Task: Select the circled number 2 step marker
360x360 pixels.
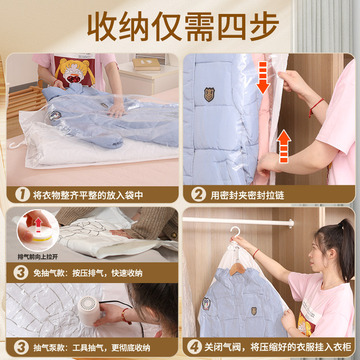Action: [198, 195]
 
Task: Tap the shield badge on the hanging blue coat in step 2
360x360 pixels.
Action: [209, 94]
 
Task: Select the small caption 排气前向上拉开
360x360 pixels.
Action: [37, 257]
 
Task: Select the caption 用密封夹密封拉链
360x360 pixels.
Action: [247, 195]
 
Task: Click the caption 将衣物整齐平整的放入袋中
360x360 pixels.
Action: [88, 195]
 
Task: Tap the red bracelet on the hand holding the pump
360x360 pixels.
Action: [126, 316]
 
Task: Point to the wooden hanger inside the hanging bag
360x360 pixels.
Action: [237, 269]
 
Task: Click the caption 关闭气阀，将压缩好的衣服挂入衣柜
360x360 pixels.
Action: [277, 347]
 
